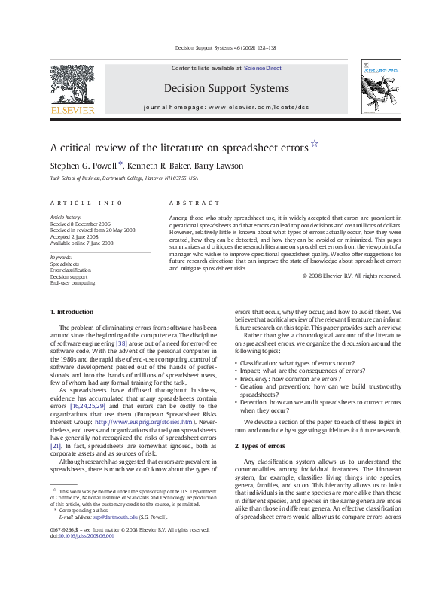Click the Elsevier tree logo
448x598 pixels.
pyautogui.click(x=72, y=87)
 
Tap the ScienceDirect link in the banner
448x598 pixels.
pyautogui.click(x=264, y=68)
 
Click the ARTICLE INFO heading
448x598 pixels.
pyautogui.click(x=86, y=203)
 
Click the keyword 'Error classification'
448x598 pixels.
pyautogui.click(x=70, y=270)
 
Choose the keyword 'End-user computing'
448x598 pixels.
pyautogui.click(x=72, y=282)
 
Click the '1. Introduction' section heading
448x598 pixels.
pyautogui.click(x=72, y=312)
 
